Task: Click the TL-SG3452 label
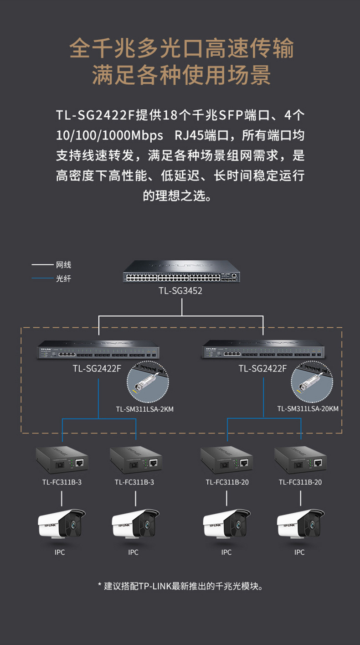point(180,291)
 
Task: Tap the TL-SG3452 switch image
point(181,273)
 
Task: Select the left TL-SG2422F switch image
point(98,350)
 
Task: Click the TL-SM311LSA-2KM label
point(144,409)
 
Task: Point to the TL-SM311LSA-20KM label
point(308,408)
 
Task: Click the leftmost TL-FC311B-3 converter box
point(62,460)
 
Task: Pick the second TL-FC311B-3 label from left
point(134,482)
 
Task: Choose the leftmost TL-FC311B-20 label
point(227,482)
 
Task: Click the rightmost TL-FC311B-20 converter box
point(301,460)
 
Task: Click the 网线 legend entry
point(63,265)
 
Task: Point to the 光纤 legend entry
point(63,279)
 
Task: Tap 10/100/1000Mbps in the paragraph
point(109,135)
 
